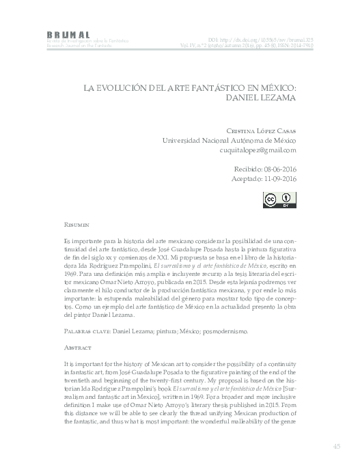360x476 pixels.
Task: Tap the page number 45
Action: tap(337, 447)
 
